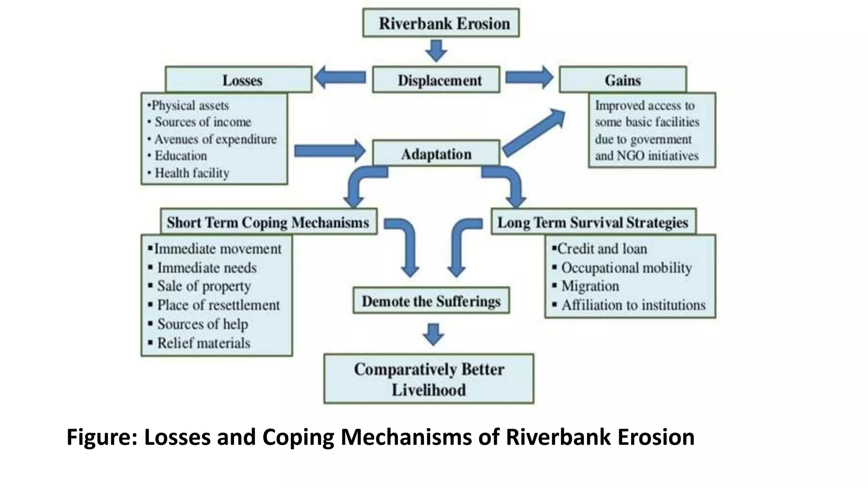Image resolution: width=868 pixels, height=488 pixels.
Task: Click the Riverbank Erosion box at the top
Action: pyautogui.click(x=441, y=23)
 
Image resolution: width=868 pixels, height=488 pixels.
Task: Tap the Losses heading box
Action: pyautogui.click(x=239, y=80)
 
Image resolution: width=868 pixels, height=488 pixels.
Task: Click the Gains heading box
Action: pyautogui.click(x=623, y=80)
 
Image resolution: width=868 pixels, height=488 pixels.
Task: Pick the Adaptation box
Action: pyautogui.click(x=436, y=154)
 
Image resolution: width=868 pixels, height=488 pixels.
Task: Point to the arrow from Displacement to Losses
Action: pyautogui.click(x=340, y=77)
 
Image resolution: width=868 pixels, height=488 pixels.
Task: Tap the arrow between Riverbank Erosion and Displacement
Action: pyautogui.click(x=436, y=50)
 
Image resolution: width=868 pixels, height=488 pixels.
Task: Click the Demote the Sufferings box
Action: pyautogui.click(x=431, y=301)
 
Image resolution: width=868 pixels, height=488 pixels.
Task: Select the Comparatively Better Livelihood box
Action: pyautogui.click(x=429, y=379)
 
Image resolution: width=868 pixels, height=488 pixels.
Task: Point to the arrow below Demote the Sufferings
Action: pyautogui.click(x=433, y=334)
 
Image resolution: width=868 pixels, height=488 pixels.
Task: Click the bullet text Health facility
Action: pyautogui.click(x=192, y=173)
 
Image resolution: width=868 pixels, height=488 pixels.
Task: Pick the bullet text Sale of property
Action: pyautogui.click(x=204, y=286)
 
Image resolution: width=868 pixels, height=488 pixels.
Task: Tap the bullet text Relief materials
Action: pyautogui.click(x=203, y=343)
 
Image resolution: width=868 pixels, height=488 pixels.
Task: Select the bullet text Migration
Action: pyautogui.click(x=590, y=286)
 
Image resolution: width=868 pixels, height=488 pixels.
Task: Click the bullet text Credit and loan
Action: pyautogui.click(x=602, y=249)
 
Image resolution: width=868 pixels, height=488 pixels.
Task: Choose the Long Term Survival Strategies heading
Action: pyautogui.click(x=593, y=222)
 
